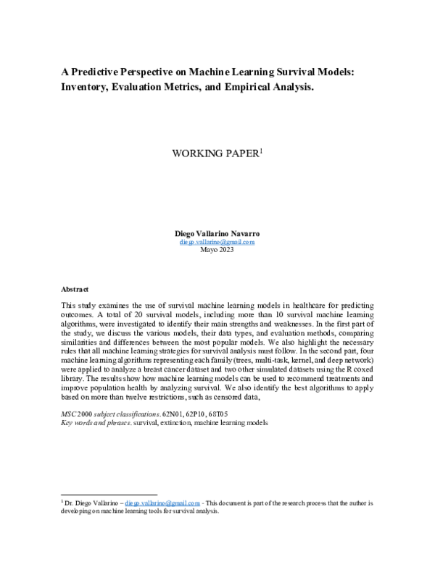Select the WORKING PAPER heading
[213, 154]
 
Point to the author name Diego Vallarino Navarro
[217, 234]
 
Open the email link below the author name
[217, 242]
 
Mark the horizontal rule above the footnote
[108, 494]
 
